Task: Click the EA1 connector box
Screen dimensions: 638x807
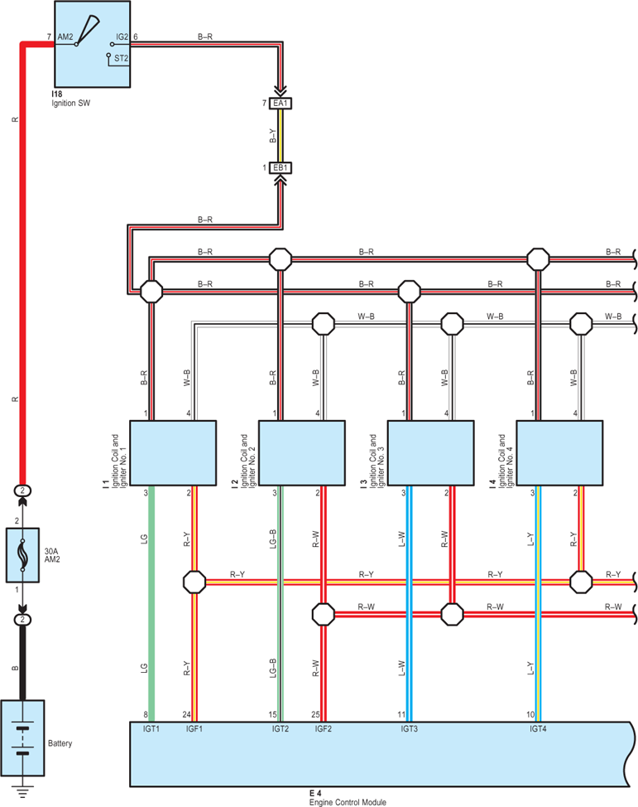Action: [281, 103]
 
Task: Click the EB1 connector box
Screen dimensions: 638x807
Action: [281, 168]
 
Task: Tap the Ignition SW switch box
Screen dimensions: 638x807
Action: [93, 44]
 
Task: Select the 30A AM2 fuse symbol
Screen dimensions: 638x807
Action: [22, 555]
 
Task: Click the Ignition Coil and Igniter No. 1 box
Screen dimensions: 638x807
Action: [173, 453]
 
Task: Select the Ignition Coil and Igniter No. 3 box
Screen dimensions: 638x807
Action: [430, 453]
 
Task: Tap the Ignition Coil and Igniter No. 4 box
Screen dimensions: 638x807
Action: [559, 453]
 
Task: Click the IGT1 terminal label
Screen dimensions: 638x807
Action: [151, 729]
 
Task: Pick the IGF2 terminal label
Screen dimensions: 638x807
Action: [324, 729]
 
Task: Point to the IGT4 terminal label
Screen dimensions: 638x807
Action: [538, 729]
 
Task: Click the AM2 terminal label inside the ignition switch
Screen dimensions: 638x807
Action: [65, 37]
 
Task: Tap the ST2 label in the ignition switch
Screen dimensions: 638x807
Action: [121, 58]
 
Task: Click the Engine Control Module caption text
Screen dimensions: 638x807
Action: [348, 802]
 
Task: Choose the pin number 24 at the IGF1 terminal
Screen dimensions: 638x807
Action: [187, 714]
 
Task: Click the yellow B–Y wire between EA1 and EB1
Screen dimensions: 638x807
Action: [281, 135]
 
